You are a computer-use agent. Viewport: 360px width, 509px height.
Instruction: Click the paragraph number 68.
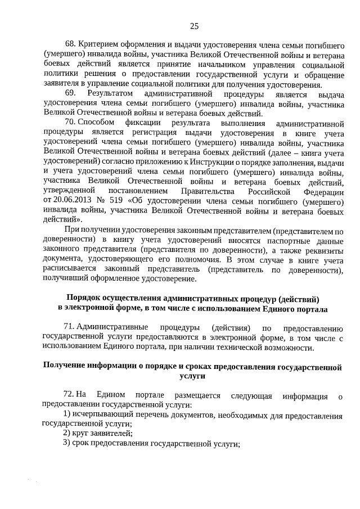pyautogui.click(x=71, y=43)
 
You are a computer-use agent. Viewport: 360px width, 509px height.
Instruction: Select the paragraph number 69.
pyautogui.click(x=70, y=93)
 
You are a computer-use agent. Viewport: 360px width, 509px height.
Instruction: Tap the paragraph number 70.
pyautogui.click(x=70, y=122)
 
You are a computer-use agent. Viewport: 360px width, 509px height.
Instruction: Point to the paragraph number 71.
pyautogui.click(x=70, y=327)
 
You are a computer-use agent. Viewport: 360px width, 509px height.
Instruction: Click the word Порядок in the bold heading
pyautogui.click(x=84, y=298)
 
